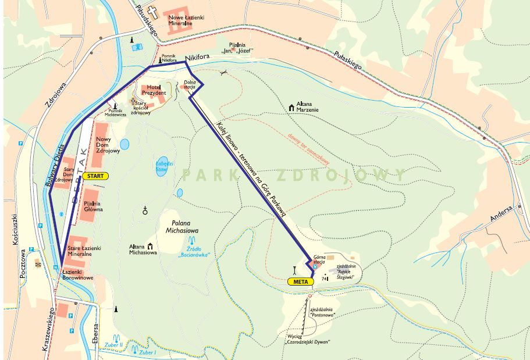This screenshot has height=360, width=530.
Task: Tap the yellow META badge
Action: point(300,281)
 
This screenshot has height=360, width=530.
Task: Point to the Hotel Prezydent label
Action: point(153,90)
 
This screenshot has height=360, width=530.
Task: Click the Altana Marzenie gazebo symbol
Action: point(291,108)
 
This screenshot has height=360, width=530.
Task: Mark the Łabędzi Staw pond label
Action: point(161,167)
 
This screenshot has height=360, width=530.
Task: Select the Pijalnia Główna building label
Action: point(93,206)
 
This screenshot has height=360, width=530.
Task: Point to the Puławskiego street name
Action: point(349,60)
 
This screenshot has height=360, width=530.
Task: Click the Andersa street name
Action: point(501,215)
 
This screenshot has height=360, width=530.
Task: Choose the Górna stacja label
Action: point(319,259)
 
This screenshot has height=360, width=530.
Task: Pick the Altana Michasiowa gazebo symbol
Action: point(151,247)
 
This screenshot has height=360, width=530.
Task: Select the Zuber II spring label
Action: point(113,344)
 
